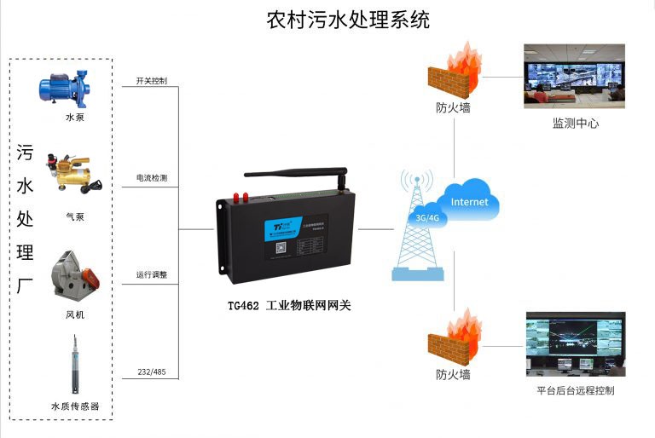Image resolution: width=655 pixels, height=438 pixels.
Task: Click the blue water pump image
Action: pyautogui.click(x=67, y=88)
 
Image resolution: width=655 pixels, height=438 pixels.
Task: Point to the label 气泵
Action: pyautogui.click(x=75, y=216)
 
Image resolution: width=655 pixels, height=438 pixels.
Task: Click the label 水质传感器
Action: pyautogui.click(x=75, y=406)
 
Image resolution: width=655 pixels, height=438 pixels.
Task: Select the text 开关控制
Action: pyautogui.click(x=151, y=81)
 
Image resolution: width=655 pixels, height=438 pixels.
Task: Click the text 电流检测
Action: pyautogui.click(x=151, y=178)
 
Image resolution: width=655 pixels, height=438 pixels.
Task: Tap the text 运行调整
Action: pyautogui.click(x=151, y=275)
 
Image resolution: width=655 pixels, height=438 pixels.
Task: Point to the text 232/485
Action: pyautogui.click(x=151, y=372)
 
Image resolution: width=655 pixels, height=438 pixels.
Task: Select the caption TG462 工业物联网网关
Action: pyautogui.click(x=286, y=305)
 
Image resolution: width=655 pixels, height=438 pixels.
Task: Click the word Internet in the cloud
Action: pyautogui.click(x=469, y=202)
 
